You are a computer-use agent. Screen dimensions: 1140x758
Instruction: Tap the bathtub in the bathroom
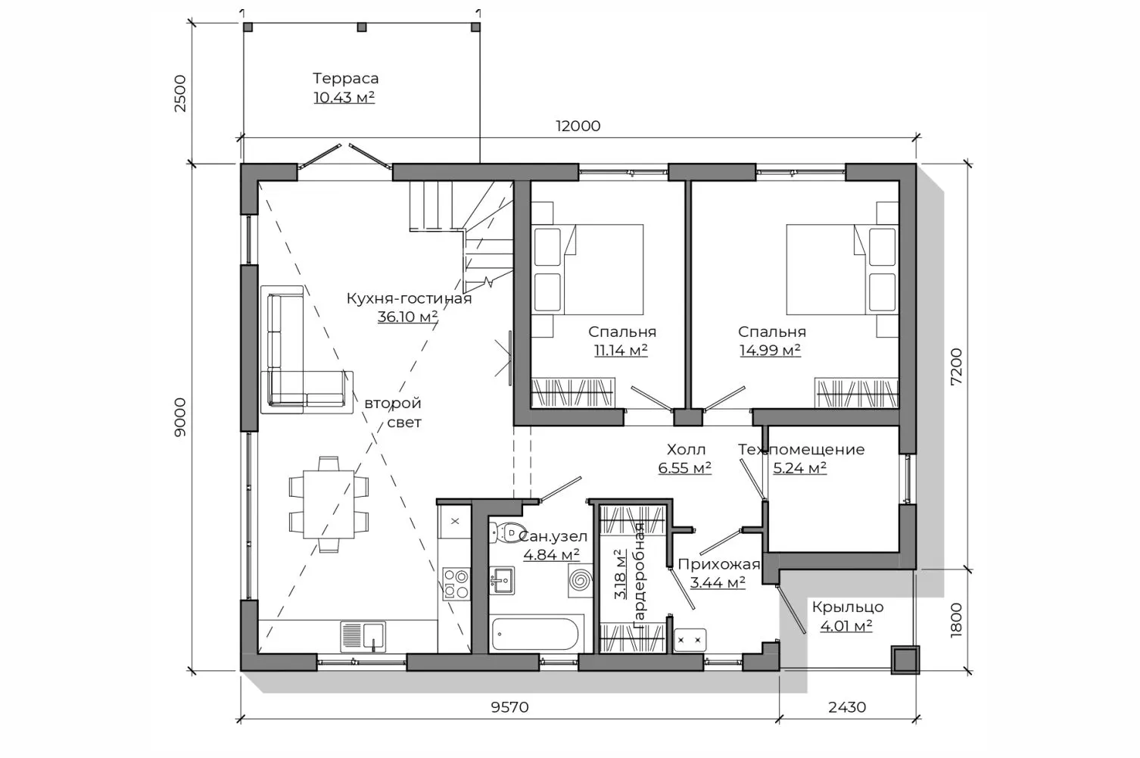534,634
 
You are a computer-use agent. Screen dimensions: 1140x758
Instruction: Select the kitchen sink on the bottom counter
363,636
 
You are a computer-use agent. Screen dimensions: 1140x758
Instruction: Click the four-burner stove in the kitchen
456,584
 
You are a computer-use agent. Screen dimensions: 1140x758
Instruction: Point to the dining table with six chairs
329,504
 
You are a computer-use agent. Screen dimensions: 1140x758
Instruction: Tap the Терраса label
346,79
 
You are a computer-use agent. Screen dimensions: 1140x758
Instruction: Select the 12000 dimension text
578,126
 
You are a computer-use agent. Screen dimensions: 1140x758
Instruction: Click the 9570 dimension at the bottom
509,707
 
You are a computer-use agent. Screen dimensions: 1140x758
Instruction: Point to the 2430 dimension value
847,707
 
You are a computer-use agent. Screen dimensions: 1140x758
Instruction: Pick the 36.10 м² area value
408,317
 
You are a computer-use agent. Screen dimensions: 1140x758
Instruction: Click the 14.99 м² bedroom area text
770,351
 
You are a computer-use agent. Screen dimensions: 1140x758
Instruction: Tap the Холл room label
686,450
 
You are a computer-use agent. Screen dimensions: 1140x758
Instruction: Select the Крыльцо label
847,607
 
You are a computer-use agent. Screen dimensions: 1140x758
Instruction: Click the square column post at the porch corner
905,660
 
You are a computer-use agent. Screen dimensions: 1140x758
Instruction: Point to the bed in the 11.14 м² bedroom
587,270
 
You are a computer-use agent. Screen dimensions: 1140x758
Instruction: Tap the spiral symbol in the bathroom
581,580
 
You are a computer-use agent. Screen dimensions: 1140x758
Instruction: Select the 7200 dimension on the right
956,367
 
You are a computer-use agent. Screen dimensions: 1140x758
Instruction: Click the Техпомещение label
801,450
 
